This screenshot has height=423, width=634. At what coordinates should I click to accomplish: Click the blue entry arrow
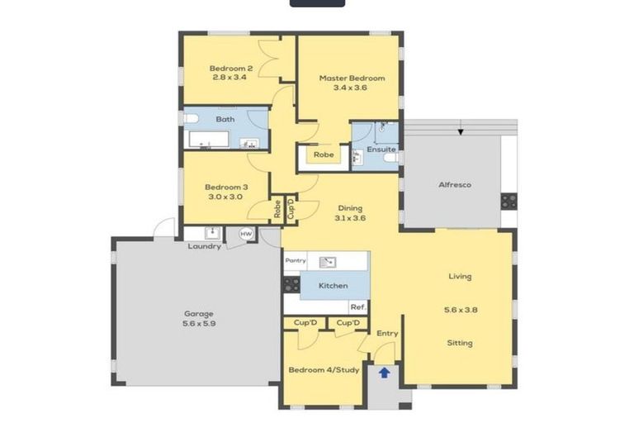pyautogui.click(x=384, y=373)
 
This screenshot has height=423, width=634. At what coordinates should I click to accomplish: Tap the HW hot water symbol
pyautogui.click(x=246, y=234)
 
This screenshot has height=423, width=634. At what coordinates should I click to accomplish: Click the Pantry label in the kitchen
pyautogui.click(x=296, y=261)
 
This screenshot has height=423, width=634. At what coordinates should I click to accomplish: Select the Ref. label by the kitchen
pyautogui.click(x=358, y=307)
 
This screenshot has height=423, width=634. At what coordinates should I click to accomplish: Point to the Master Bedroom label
pyautogui.click(x=352, y=78)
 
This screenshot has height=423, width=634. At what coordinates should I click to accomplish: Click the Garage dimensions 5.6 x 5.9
pyautogui.click(x=199, y=324)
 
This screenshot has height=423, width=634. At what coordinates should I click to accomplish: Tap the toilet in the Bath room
pyautogui.click(x=192, y=119)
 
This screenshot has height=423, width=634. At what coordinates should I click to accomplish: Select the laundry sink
pyautogui.click(x=212, y=233)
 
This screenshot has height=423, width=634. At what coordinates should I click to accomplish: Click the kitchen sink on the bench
pyautogui.click(x=328, y=262)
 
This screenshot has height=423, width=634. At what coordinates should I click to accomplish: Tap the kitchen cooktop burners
pyautogui.click(x=291, y=284)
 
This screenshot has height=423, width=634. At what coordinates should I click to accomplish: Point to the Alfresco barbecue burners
pyautogui.click(x=509, y=202)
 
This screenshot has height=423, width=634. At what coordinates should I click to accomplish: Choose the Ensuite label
pyautogui.click(x=381, y=150)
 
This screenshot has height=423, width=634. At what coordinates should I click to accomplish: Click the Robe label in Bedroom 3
pyautogui.click(x=277, y=209)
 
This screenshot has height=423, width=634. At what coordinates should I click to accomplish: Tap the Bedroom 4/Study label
pyautogui.click(x=324, y=370)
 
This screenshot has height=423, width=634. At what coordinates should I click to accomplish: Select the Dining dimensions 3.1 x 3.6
pyautogui.click(x=350, y=218)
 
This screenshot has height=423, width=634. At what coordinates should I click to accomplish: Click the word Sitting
pyautogui.click(x=460, y=343)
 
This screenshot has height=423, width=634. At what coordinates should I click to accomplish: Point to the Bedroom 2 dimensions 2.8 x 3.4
pyautogui.click(x=229, y=77)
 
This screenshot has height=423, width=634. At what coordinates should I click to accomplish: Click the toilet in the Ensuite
pyautogui.click(x=391, y=158)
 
